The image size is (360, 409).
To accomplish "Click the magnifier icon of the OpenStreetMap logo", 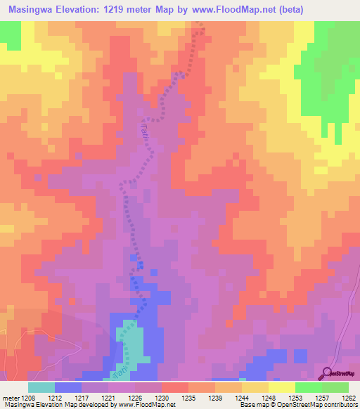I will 326,374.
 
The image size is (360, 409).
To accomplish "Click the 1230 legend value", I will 161,397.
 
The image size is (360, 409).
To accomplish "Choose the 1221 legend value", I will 108,397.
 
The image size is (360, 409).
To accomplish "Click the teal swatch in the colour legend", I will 41,387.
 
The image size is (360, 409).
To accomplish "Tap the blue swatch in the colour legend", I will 68,387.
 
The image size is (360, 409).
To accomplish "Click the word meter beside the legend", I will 10,397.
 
